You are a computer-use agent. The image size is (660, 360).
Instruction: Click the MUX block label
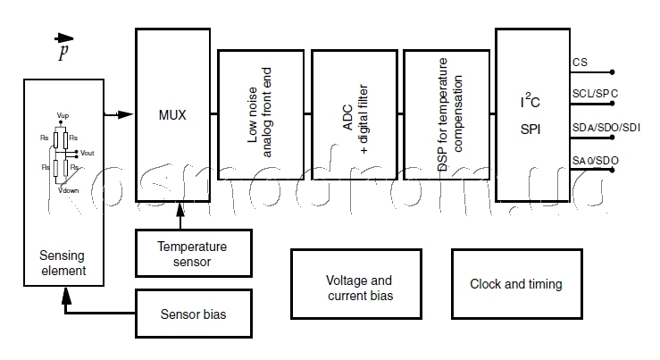coord(172,114)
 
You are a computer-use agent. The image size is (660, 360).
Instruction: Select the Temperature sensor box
coord(192,254)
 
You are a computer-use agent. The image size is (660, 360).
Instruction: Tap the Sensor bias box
coord(193,314)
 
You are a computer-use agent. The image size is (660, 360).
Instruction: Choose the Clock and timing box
coord(516,285)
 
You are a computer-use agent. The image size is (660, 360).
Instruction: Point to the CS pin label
coord(580,63)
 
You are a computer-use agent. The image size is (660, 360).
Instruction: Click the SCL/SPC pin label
coord(595,93)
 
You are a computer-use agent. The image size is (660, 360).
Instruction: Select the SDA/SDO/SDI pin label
coord(606,127)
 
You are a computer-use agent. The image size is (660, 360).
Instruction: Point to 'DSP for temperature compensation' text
coord(447,114)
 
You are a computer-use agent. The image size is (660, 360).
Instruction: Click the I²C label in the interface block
coord(531,102)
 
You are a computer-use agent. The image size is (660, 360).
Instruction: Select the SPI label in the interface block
coord(531,130)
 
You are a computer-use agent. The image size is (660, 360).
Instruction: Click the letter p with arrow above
coord(63,49)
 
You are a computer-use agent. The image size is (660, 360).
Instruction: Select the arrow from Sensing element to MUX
coord(118,114)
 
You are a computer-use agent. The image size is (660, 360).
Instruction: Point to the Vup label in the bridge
coord(63,116)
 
